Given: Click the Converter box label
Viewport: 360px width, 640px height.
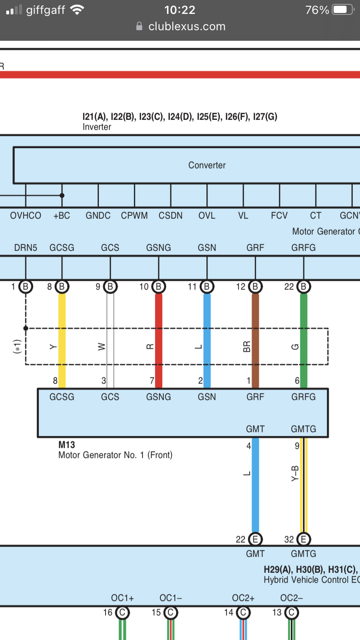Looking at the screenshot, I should click(207, 165).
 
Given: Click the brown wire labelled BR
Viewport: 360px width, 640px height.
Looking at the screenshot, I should click(255, 317).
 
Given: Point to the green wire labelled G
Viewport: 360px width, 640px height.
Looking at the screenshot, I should click(303, 317).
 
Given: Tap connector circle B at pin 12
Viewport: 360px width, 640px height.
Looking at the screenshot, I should click(255, 287).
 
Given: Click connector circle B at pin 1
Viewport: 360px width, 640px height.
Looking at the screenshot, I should click(26, 287).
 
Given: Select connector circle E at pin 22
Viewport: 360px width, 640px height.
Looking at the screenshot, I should click(255, 539).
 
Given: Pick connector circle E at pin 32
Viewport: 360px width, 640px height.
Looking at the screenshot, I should click(303, 539).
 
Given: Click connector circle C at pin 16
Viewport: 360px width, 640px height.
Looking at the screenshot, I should click(122, 613).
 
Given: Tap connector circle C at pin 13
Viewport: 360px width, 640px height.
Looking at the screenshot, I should click(291, 613).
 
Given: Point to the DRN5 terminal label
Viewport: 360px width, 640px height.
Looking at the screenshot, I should click(25, 248).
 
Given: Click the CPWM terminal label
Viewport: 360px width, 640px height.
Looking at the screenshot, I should click(134, 216).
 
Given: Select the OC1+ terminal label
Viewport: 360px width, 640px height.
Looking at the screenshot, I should click(122, 598).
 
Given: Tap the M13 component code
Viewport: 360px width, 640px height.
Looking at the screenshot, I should click(66, 445).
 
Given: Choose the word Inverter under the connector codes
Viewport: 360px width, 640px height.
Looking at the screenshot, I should click(97, 127).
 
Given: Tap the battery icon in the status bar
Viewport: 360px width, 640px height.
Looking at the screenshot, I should click(342, 10).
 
